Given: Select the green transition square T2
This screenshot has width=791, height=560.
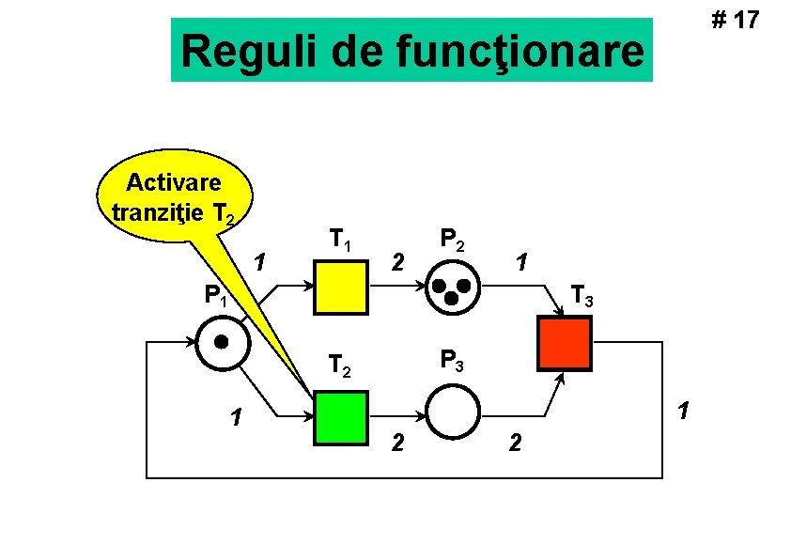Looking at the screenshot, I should click(341, 415).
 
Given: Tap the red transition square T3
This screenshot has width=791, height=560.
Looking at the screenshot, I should click(564, 344).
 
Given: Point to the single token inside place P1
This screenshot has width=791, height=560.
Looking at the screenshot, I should click(222, 341).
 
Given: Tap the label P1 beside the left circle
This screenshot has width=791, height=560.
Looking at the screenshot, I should click(216, 298).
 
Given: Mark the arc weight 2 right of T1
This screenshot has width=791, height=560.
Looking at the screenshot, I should click(398, 260).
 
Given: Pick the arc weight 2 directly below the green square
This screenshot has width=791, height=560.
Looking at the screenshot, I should click(398, 442).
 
